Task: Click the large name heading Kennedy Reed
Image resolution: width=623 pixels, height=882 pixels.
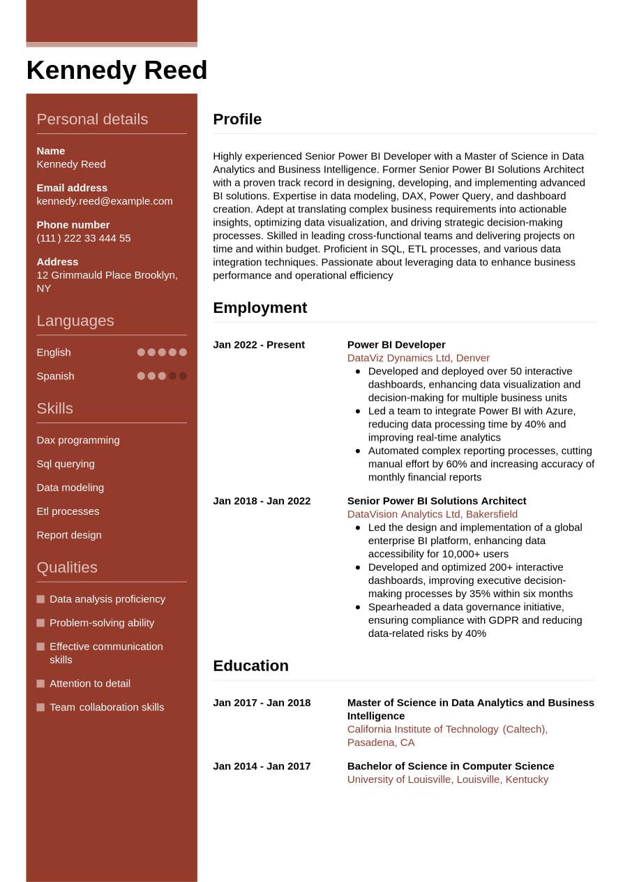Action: pyautogui.click(x=117, y=71)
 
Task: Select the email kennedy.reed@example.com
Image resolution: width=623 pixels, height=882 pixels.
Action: pyautogui.click(x=105, y=201)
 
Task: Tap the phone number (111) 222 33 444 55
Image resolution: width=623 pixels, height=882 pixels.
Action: pyautogui.click(x=84, y=238)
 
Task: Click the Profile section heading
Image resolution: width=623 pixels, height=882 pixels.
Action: pyautogui.click(x=237, y=119)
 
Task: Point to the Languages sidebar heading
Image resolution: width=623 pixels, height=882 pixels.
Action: pyautogui.click(x=75, y=321)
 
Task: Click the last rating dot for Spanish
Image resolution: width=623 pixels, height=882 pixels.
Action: pyautogui.click(x=183, y=376)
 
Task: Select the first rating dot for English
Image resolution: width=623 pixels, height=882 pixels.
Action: pyautogui.click(x=141, y=352)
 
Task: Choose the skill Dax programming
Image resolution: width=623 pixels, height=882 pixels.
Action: pyautogui.click(x=78, y=440)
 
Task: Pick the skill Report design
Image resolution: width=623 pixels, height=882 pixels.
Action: pyautogui.click(x=69, y=535)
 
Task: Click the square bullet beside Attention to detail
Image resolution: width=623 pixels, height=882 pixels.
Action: pyautogui.click(x=40, y=684)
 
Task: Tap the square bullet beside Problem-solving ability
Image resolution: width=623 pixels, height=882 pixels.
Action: pyautogui.click(x=40, y=623)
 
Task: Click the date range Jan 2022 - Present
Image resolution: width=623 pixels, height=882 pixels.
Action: pyautogui.click(x=259, y=345)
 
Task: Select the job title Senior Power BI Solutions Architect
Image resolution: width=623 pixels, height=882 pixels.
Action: pyautogui.click(x=437, y=501)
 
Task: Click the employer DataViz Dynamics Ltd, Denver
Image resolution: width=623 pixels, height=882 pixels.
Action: pyautogui.click(x=419, y=358)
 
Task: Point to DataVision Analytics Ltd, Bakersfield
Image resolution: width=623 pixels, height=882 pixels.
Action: pyautogui.click(x=433, y=514)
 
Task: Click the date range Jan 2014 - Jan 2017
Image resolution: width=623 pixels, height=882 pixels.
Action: pyautogui.click(x=262, y=766)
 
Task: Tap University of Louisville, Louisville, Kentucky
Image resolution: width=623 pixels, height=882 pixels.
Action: pyautogui.click(x=448, y=779)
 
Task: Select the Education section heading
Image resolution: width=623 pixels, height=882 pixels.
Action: pyautogui.click(x=250, y=666)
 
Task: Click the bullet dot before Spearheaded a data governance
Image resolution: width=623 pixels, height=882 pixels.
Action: pyautogui.click(x=358, y=608)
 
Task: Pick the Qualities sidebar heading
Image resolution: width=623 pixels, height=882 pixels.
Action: pyautogui.click(x=67, y=567)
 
